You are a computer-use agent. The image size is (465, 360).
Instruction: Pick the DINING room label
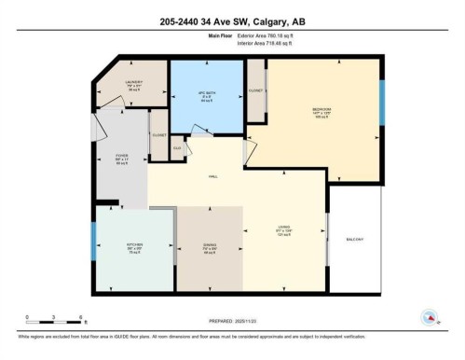click(x=210, y=249)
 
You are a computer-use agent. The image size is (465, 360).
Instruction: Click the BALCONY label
click(x=355, y=238)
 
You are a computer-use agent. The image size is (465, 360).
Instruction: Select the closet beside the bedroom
click(x=255, y=91)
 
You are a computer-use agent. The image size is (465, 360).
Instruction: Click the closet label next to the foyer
click(x=158, y=136)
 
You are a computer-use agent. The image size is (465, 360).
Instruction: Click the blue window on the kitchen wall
click(x=94, y=244)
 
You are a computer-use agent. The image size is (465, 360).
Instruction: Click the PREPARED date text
click(x=233, y=323)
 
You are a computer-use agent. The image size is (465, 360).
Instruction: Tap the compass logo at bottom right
click(x=430, y=317)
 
